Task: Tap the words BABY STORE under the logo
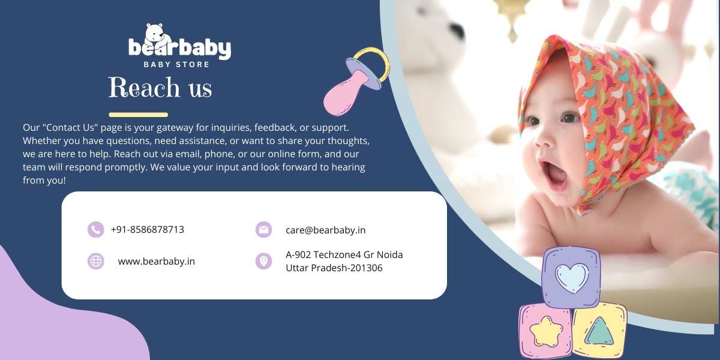[x=176, y=64]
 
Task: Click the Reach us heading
[x=160, y=87]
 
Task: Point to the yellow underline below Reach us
[x=138, y=115]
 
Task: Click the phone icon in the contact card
[x=95, y=229]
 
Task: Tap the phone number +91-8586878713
[x=147, y=229]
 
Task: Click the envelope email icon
[x=263, y=229]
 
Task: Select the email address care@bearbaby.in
[x=326, y=230]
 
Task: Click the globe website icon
[x=95, y=261]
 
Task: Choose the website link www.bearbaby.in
[x=156, y=262]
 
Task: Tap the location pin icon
[x=263, y=261]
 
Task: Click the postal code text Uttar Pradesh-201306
[x=334, y=268]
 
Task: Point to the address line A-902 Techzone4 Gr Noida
[x=344, y=254]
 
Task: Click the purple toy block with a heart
[x=571, y=278]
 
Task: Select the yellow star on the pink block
[x=546, y=331]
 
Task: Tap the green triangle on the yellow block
[x=599, y=331]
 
